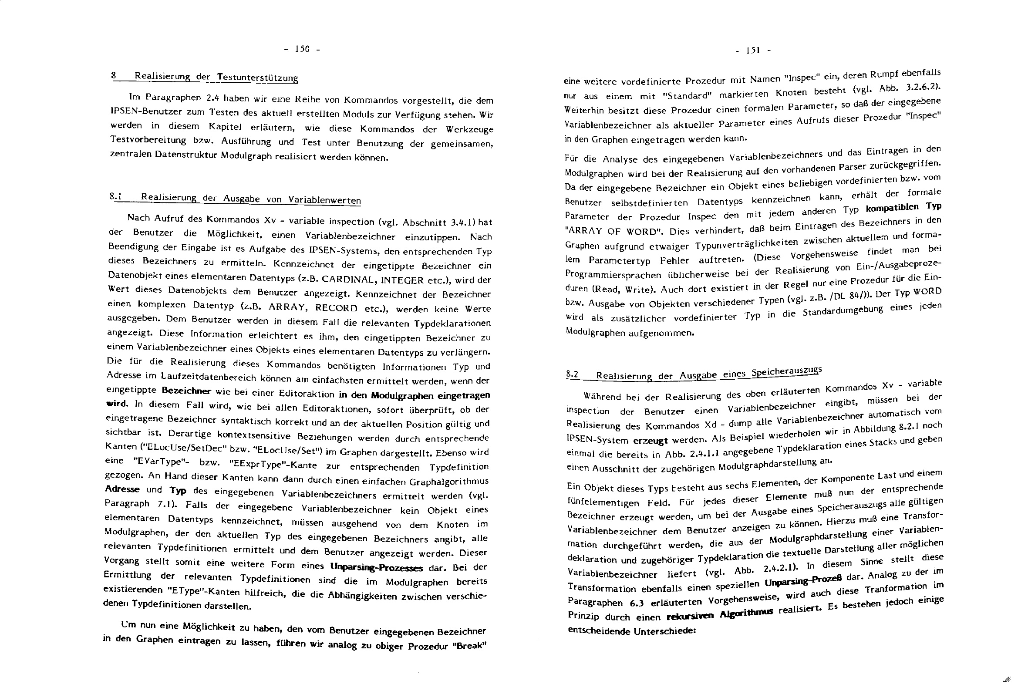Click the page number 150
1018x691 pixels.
tap(302, 49)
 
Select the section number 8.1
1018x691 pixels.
tap(115, 197)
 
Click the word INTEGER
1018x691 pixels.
tap(402, 280)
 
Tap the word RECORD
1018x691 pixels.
tap(337, 307)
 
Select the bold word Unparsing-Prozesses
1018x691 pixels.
tap(376, 568)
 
